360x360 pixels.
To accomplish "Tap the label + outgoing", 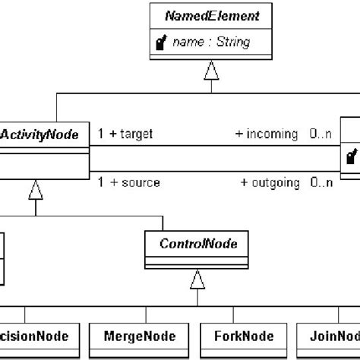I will [270, 183].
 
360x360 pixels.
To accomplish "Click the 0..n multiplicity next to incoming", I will [319, 134].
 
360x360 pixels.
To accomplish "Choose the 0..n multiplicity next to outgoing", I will [319, 183].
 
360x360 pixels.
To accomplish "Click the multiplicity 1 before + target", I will [101, 134].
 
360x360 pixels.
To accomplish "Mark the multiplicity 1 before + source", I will [101, 183].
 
